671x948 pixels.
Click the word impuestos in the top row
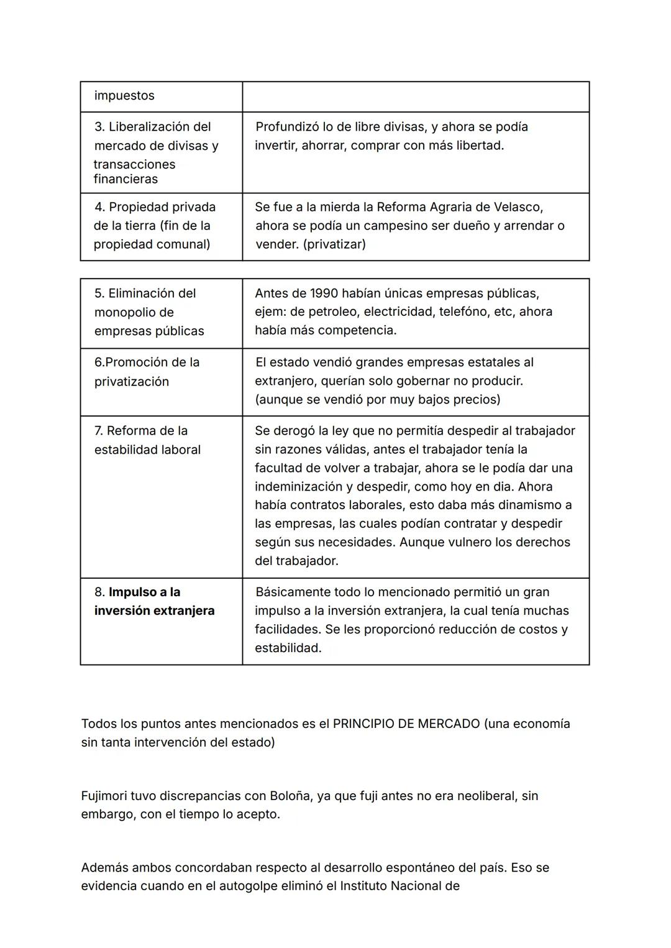tap(124, 96)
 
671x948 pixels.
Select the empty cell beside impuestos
tap(415, 96)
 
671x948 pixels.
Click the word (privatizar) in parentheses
tap(334, 244)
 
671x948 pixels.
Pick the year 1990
tap(324, 293)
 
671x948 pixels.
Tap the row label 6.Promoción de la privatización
tap(147, 371)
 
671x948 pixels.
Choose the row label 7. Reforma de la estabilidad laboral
tap(147, 439)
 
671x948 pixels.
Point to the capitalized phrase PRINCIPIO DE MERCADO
tap(406, 724)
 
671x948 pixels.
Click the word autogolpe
tap(249, 886)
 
